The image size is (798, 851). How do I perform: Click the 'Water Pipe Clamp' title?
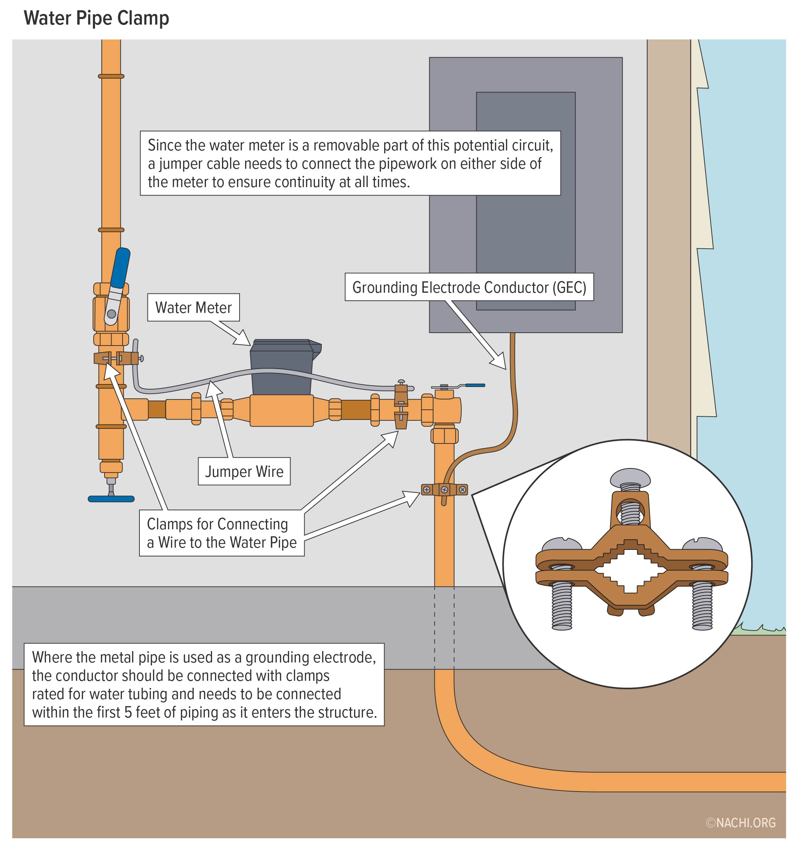(96, 18)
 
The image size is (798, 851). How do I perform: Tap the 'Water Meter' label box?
(193, 307)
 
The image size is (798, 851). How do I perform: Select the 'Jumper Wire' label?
(244, 471)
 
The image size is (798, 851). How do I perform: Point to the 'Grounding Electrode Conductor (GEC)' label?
(469, 287)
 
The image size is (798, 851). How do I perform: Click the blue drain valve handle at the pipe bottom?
(111, 499)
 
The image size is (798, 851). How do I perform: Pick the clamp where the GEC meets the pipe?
(444, 489)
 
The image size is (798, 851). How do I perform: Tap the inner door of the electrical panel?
(525, 240)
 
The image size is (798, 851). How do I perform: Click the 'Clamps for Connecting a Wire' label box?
(221, 533)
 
